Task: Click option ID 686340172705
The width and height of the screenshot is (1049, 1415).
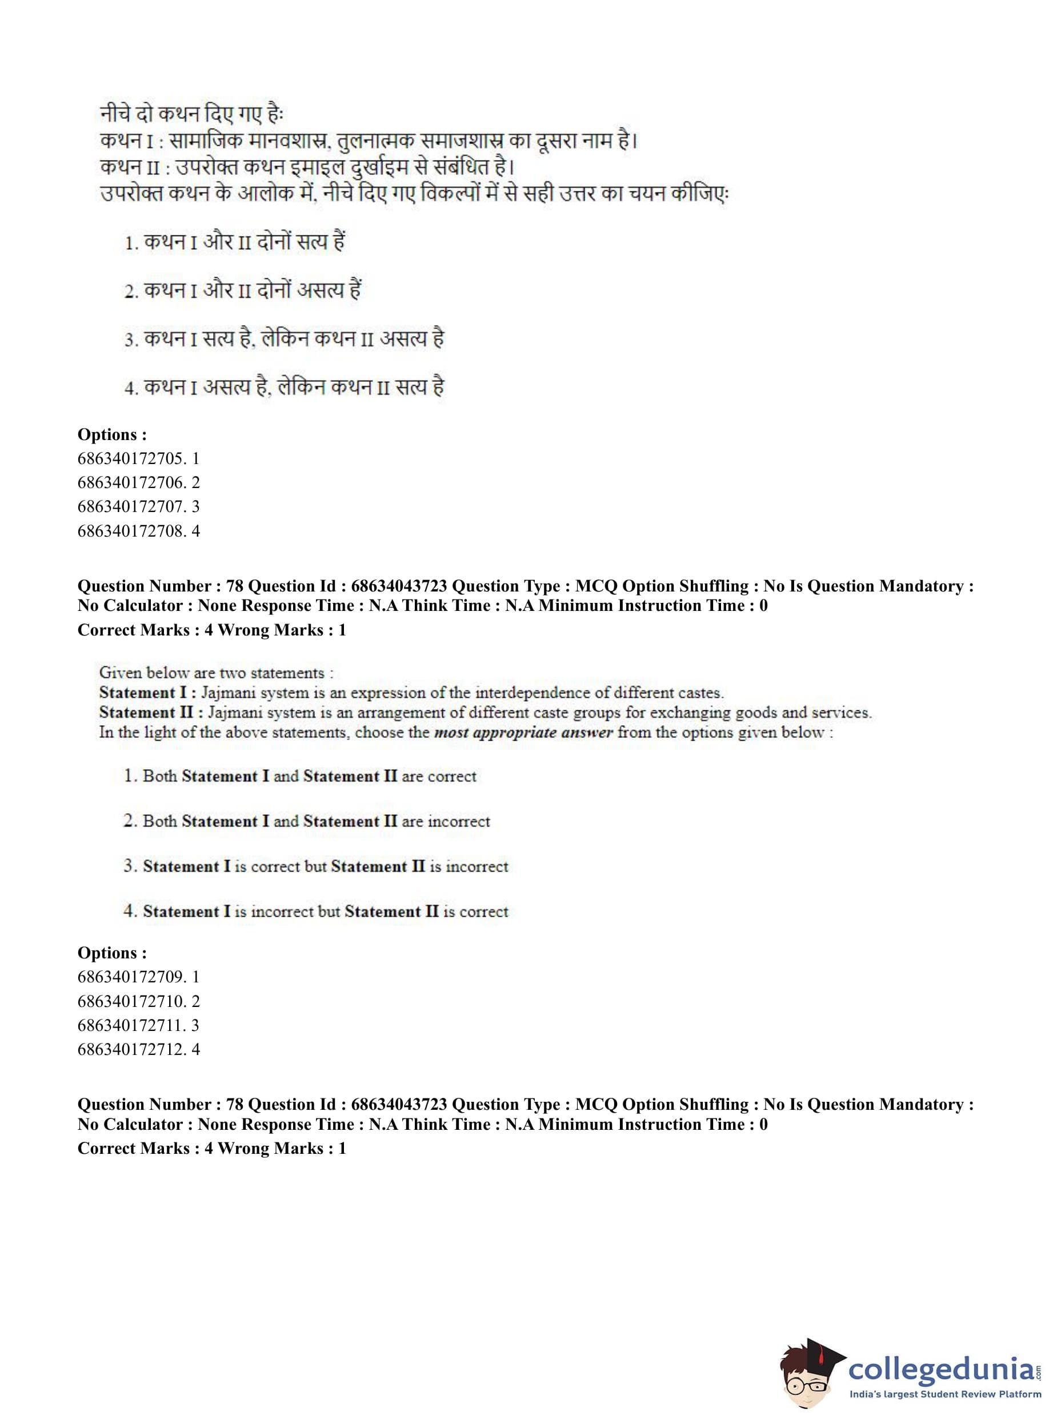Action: coord(138,458)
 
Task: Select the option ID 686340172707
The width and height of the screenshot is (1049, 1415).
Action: coord(138,506)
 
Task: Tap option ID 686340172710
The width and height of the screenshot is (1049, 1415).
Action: coord(138,1001)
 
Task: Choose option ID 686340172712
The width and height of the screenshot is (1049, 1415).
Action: coord(138,1049)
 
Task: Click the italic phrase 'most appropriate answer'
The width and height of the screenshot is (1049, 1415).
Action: coord(523,732)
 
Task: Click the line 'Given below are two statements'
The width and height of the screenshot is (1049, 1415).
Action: coord(216,673)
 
